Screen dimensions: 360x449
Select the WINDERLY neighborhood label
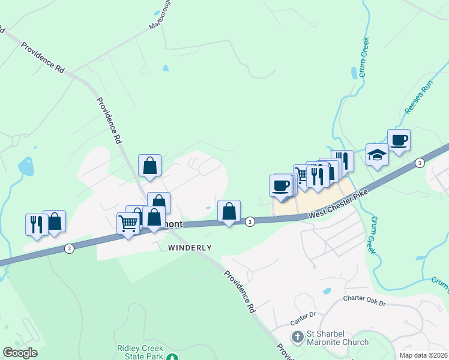pos(190,247)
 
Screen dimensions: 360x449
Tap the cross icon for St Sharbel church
pos(297,337)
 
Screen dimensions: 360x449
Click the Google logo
pos(20,353)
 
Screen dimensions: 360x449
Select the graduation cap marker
pos(377,155)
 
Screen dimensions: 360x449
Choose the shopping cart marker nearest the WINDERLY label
pos(128,224)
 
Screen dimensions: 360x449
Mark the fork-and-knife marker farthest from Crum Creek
pos(36,224)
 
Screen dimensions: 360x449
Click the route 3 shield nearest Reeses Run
pos(419,163)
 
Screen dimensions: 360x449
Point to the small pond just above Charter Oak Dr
pos(327,291)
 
